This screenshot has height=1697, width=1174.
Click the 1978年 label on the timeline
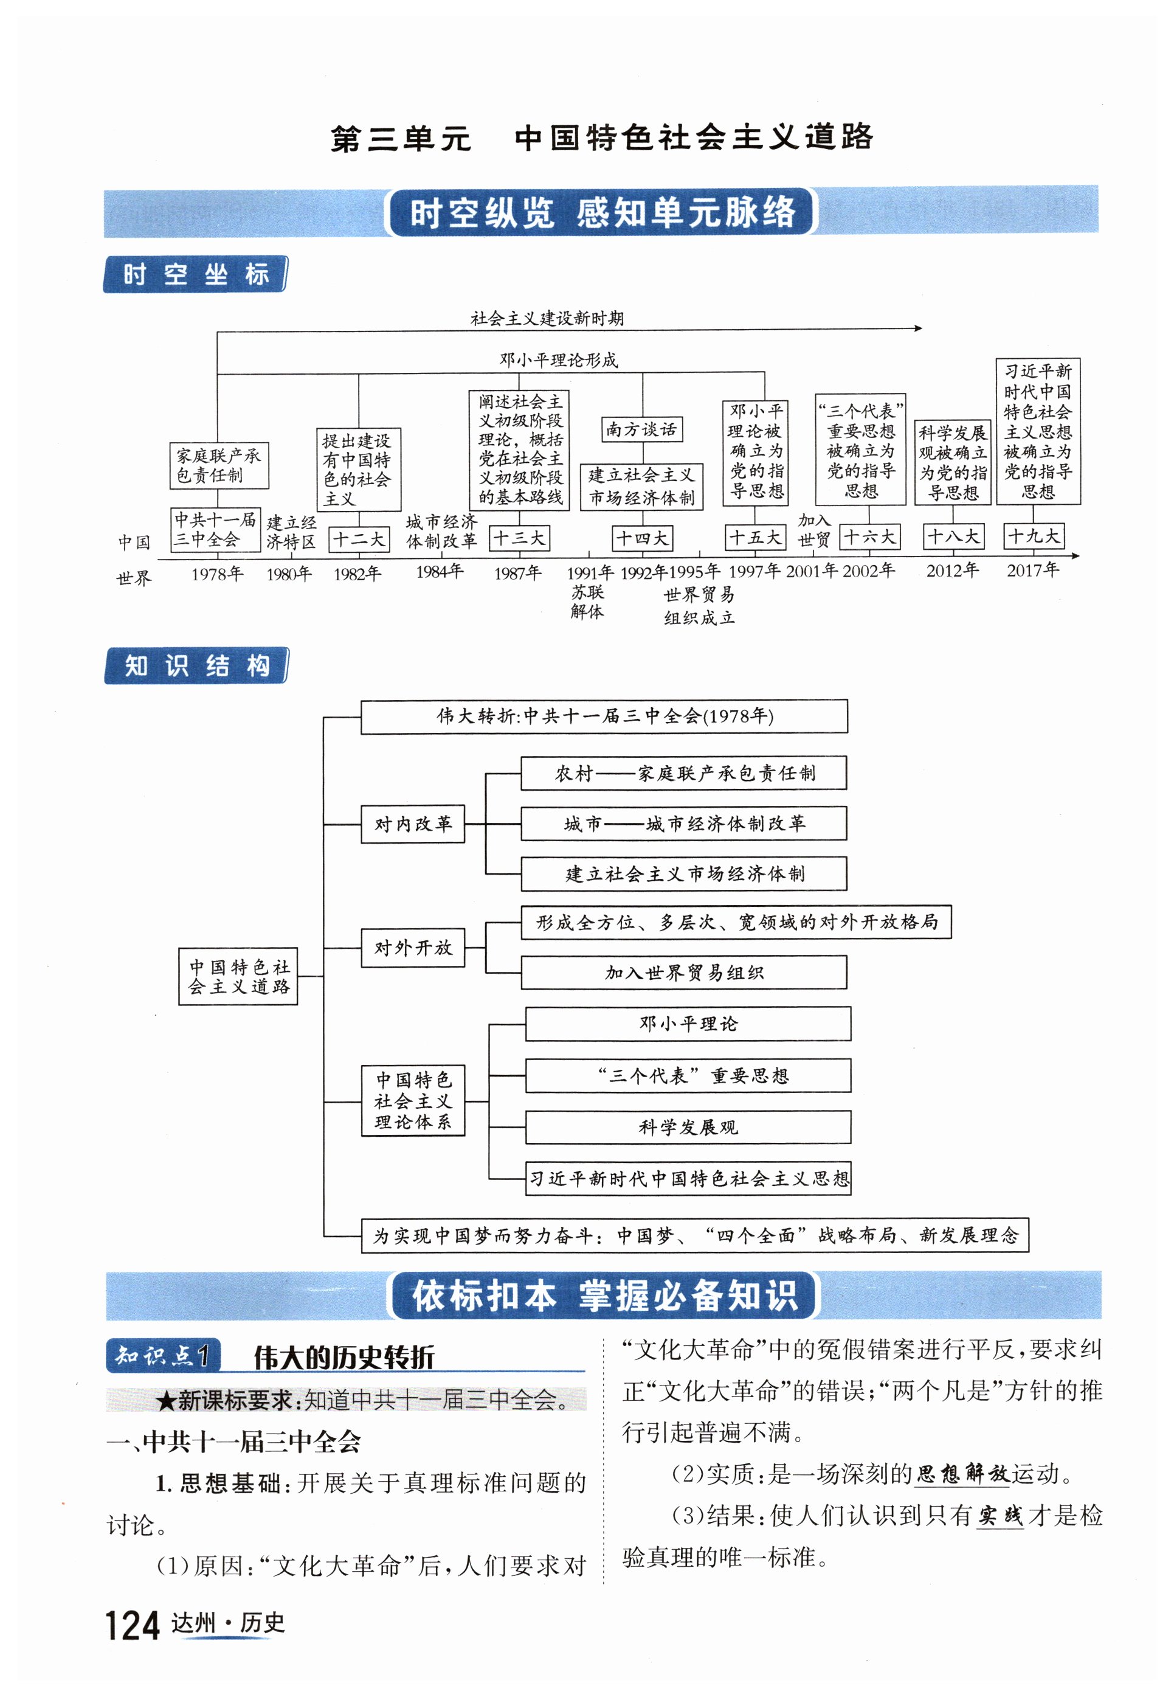pyautogui.click(x=217, y=574)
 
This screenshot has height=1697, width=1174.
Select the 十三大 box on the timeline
pyautogui.click(x=519, y=538)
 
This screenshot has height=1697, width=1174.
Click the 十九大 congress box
pyautogui.click(x=1034, y=536)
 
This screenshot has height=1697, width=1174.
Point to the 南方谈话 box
pyautogui.click(x=641, y=429)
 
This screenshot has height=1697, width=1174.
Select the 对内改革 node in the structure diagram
pyautogui.click(x=413, y=824)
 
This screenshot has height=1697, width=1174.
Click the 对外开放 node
pyautogui.click(x=413, y=947)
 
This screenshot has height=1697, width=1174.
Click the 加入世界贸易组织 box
pyautogui.click(x=683, y=972)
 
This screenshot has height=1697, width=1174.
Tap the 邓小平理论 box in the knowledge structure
pyautogui.click(x=688, y=1024)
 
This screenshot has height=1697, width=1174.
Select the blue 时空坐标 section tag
pyautogui.click(x=195, y=274)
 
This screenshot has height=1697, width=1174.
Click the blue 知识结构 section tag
pyautogui.click(x=196, y=666)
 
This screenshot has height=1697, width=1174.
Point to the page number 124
pyautogui.click(x=133, y=1626)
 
